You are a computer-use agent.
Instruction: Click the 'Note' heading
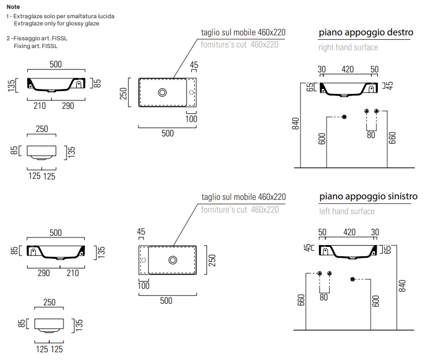click(x=13, y=7)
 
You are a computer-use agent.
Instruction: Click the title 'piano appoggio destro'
click(x=366, y=33)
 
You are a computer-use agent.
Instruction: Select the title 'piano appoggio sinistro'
click(x=368, y=197)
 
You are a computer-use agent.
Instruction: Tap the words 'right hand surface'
click(x=348, y=47)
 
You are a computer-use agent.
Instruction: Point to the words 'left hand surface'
click(x=346, y=211)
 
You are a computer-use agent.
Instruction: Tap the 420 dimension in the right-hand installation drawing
click(x=348, y=69)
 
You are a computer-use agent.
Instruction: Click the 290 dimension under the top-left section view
click(x=67, y=106)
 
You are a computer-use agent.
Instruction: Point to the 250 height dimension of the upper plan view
click(x=124, y=94)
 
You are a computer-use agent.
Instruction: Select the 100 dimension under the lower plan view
click(x=143, y=285)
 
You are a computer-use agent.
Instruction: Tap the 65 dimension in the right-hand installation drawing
click(x=310, y=87)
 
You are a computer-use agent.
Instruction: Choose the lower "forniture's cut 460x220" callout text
click(x=240, y=209)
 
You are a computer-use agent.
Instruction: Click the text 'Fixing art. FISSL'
click(x=35, y=46)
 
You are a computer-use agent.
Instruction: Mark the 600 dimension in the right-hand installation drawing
click(x=322, y=139)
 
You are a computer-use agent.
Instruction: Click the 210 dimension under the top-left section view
click(x=40, y=106)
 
